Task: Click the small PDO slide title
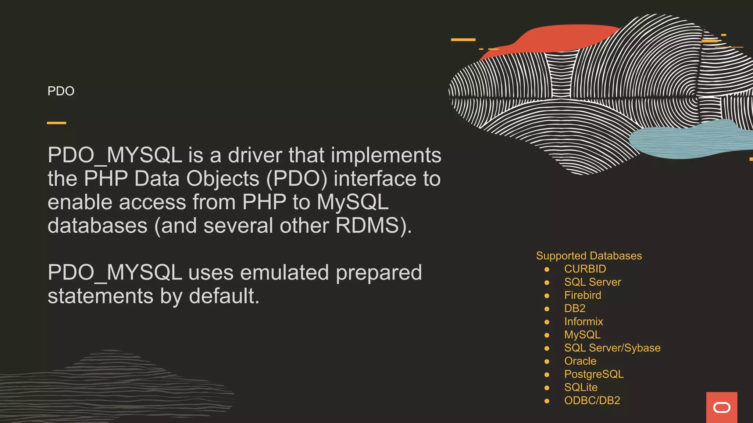pos(61,91)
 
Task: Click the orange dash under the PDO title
pos(57,123)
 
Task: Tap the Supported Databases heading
pos(589,256)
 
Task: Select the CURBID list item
pos(585,269)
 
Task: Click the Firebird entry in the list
pos(582,295)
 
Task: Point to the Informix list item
pos(584,322)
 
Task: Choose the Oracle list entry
pos(580,361)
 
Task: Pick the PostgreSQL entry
pos(594,374)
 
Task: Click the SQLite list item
pos(581,387)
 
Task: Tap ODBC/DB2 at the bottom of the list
pos(592,401)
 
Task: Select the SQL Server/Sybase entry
pos(612,348)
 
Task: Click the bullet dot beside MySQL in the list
pos(547,335)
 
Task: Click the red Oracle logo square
pos(721,407)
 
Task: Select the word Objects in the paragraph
pos(223,179)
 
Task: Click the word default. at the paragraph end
pos(224,296)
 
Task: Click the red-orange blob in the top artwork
pos(559,38)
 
